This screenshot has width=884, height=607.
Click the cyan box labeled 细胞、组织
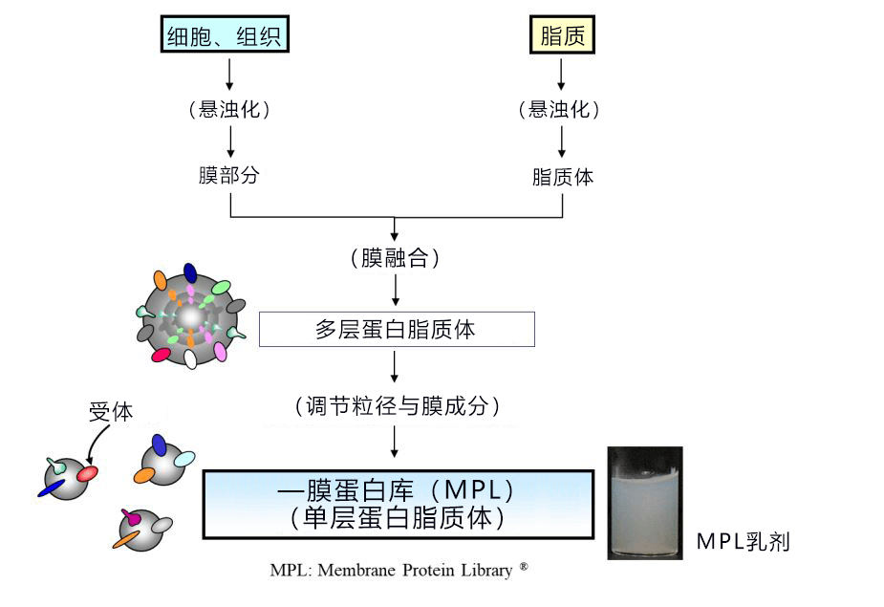point(225,34)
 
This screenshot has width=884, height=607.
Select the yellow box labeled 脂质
point(562,35)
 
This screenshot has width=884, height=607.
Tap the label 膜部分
point(229,175)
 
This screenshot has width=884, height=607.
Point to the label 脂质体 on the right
point(563,177)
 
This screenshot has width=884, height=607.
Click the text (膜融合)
point(395,258)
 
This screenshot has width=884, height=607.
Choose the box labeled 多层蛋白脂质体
point(397,329)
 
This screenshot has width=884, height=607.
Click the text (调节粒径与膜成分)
point(398,405)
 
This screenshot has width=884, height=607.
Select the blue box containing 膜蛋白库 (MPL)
point(398,505)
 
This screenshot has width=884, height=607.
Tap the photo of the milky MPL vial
point(645,503)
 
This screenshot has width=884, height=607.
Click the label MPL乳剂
point(744,542)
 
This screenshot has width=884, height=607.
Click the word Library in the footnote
point(486,571)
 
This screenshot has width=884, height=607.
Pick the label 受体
point(111,412)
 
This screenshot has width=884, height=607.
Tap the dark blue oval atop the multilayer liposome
point(190,273)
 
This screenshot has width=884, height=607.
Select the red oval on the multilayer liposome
point(161,355)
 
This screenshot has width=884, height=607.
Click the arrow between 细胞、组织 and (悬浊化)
point(229,74)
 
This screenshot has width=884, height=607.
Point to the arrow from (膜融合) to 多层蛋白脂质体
point(396,290)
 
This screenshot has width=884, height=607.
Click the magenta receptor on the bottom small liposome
point(131,517)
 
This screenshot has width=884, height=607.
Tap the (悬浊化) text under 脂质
point(559,109)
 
